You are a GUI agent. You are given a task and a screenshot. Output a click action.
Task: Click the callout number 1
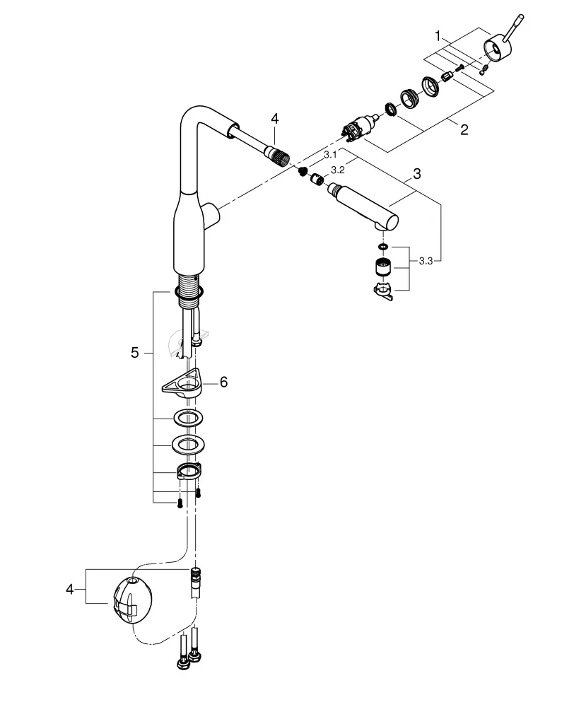tap(438, 35)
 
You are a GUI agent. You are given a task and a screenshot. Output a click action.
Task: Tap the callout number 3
tap(417, 173)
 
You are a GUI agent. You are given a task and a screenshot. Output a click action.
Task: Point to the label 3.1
tap(330, 153)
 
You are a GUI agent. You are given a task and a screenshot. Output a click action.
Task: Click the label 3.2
tap(337, 170)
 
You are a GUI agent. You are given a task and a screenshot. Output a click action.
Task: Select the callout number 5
tap(135, 352)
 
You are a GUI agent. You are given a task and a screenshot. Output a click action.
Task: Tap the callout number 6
tap(223, 381)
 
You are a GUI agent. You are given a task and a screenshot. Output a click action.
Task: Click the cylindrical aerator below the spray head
tap(382, 268)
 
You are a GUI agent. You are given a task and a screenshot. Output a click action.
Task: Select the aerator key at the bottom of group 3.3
tap(382, 291)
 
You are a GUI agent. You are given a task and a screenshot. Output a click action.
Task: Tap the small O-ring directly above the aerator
tap(382, 247)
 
